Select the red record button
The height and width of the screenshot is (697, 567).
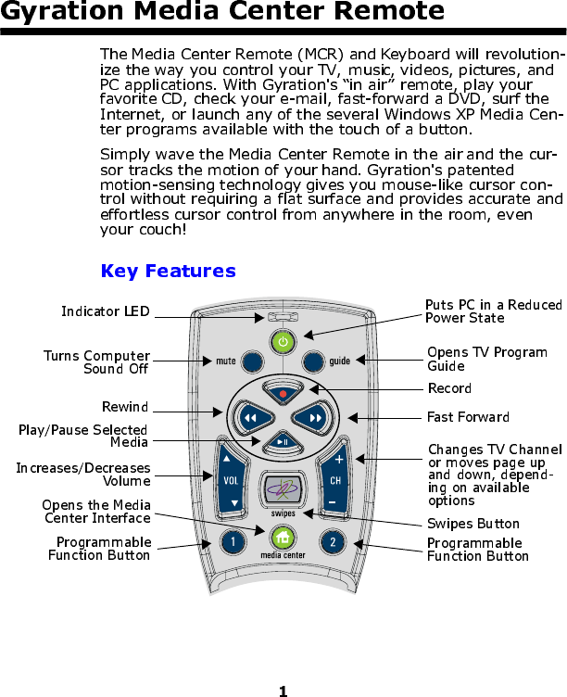(283, 394)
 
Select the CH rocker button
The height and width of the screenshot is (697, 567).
(334, 481)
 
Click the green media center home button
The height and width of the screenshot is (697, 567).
(283, 538)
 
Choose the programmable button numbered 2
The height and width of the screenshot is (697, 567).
(333, 541)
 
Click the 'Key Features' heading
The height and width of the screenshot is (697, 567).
(168, 272)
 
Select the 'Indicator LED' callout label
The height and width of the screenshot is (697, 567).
(105, 311)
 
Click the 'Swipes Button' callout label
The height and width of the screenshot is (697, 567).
(473, 524)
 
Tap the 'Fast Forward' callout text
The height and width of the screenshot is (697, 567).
(468, 416)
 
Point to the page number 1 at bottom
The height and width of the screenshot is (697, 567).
(283, 691)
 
